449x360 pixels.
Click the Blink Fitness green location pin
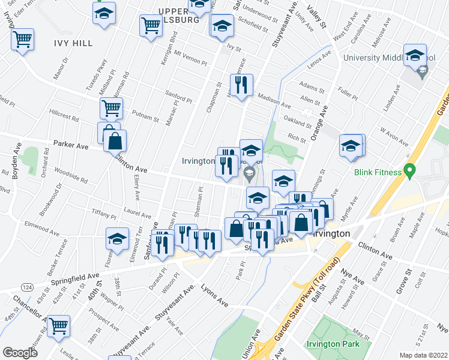(411, 171)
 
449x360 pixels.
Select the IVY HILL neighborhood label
(73, 43)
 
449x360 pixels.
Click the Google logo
(20, 352)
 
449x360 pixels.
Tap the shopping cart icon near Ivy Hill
(23, 40)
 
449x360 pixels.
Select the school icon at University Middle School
(415, 56)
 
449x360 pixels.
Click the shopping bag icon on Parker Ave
(115, 142)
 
